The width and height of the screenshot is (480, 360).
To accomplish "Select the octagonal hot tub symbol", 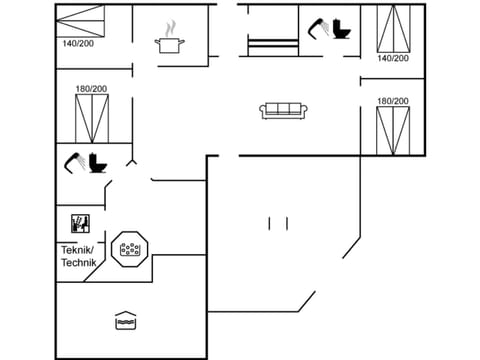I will (130, 249).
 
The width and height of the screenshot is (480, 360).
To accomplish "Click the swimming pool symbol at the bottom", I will (125, 321).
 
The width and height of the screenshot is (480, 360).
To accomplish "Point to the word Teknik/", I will (77, 249).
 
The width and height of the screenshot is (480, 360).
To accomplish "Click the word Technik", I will (77, 262).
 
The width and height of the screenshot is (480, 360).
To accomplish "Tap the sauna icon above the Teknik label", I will (79, 223).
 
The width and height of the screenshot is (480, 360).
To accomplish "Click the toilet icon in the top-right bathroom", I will (343, 29).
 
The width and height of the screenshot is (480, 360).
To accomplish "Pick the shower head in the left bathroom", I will (74, 161).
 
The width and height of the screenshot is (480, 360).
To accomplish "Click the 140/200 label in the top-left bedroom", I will (78, 44).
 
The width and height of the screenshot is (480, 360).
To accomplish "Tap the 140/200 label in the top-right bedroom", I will (393, 58).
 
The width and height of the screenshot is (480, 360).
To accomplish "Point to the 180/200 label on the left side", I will (91, 89).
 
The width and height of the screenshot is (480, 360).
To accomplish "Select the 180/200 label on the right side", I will (393, 101).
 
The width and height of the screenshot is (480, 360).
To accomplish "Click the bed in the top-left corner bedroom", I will (80, 20).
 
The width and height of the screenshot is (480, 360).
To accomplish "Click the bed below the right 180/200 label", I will (392, 130).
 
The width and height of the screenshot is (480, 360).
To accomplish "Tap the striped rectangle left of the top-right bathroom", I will (273, 46).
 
